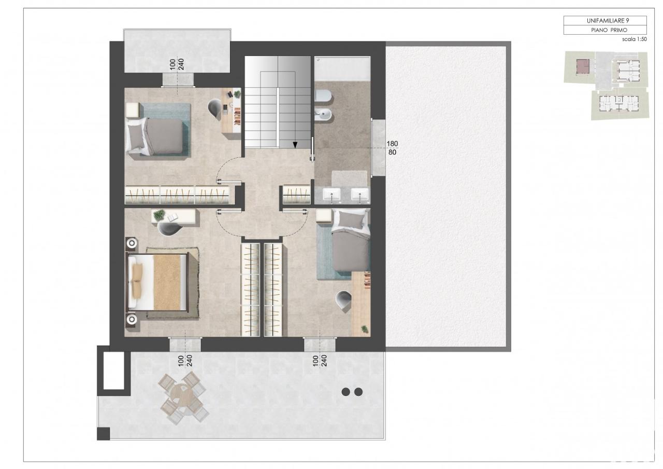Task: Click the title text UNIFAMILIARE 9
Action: (x=608, y=20)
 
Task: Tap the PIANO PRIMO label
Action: (x=609, y=30)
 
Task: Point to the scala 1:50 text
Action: (x=635, y=39)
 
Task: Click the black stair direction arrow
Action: (x=295, y=145)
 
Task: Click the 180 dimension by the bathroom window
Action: (x=392, y=144)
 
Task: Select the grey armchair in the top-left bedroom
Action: (x=215, y=108)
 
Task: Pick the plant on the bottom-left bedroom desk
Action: (x=159, y=215)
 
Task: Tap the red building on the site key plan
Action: (x=583, y=66)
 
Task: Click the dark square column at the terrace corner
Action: (x=103, y=433)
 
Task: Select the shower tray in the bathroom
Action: (x=342, y=68)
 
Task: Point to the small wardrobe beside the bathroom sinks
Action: (x=296, y=195)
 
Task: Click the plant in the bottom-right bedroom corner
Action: (x=365, y=328)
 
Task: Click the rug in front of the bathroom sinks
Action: (x=349, y=178)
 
